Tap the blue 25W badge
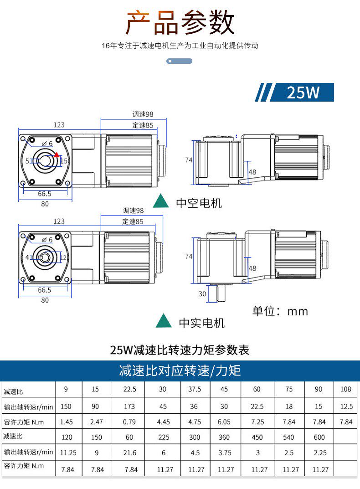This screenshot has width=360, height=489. pos(303,93)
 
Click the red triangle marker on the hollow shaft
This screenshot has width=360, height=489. pos(57,154)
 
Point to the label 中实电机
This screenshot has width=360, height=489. pos(201,323)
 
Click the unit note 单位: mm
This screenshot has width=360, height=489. pos(280,311)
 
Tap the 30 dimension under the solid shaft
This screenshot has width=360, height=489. pos(202,294)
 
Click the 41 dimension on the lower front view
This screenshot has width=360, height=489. pos(28,257)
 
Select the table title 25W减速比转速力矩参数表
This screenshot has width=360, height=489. pos(180,350)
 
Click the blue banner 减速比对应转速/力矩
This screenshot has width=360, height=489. pos(180,371)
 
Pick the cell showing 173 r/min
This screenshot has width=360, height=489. pos(129,406)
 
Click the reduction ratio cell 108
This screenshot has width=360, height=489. pos(346,390)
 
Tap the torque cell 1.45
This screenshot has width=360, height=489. pos(67,422)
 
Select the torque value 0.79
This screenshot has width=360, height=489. pos(129,422)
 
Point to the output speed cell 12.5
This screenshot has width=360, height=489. pos(346,406)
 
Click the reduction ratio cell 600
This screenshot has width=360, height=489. pos(319,437)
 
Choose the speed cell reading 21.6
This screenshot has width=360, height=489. pos(129,453)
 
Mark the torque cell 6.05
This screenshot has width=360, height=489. pos(224,422)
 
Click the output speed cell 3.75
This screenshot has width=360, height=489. pos(224,453)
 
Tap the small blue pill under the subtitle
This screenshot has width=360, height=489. pos(180,61)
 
